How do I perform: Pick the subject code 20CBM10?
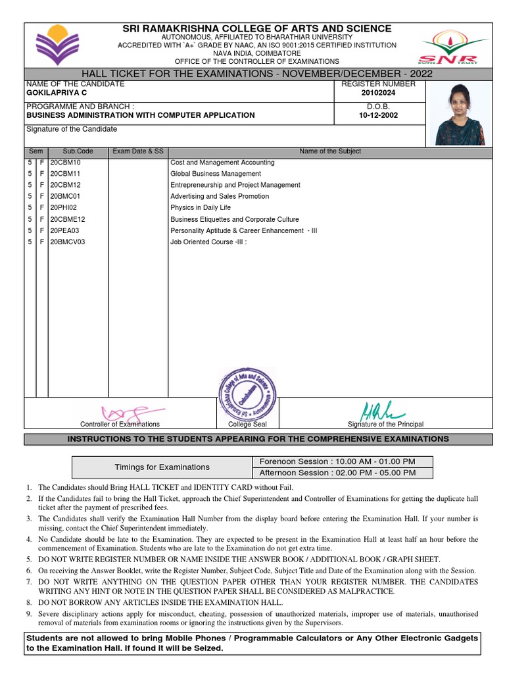(x=65, y=163)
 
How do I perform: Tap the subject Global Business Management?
(x=216, y=174)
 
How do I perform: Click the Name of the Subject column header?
(x=330, y=151)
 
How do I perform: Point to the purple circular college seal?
(x=247, y=394)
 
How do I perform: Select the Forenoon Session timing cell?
(x=338, y=461)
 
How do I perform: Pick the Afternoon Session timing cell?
(x=338, y=473)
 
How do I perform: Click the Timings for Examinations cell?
(x=162, y=467)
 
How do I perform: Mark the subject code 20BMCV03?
(x=68, y=242)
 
